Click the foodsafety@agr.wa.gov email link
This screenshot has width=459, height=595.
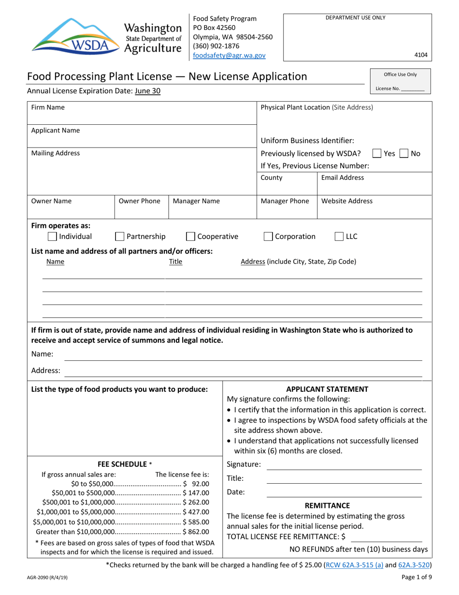point(229,56)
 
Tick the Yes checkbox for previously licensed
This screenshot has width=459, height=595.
point(377,154)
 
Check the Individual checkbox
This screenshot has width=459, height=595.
point(52,237)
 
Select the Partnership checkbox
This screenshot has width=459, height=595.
point(119,237)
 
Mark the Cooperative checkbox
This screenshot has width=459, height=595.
point(190,237)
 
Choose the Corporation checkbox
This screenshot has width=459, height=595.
point(268,237)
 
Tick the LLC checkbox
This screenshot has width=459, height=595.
point(339,237)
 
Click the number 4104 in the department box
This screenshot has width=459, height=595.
point(421,55)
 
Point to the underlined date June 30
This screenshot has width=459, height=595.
point(148,90)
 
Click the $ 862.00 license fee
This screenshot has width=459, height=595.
point(196,532)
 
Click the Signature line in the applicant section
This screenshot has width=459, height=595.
point(344,465)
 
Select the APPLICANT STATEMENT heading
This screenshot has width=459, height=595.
point(327,389)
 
